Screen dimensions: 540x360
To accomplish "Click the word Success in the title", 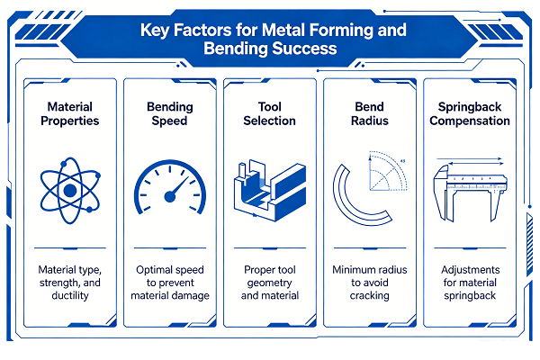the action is coord(304,49).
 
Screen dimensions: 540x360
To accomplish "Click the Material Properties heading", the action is coord(70,113).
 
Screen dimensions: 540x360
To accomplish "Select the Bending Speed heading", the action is coord(170,113).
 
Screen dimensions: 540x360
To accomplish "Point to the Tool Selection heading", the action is coord(270,113).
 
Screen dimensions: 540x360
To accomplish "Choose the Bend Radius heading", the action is coord(370,113).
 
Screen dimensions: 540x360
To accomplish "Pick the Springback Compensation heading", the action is coord(470,113).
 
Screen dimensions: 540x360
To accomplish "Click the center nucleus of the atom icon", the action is coord(70,190).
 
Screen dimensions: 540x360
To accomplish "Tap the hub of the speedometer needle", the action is coord(170,197).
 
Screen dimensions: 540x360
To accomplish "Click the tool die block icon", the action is coord(270,191).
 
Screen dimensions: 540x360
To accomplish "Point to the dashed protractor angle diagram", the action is coord(388,171).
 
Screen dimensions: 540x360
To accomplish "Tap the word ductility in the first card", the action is coord(70,295).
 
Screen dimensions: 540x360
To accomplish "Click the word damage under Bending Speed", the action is coord(192,296).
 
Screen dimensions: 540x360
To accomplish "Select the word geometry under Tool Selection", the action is coord(270,283).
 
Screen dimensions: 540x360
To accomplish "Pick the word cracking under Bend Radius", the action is coord(370,296).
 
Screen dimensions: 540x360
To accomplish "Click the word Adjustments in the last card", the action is coord(470,270).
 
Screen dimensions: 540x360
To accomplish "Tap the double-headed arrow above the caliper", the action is coord(476,163).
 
